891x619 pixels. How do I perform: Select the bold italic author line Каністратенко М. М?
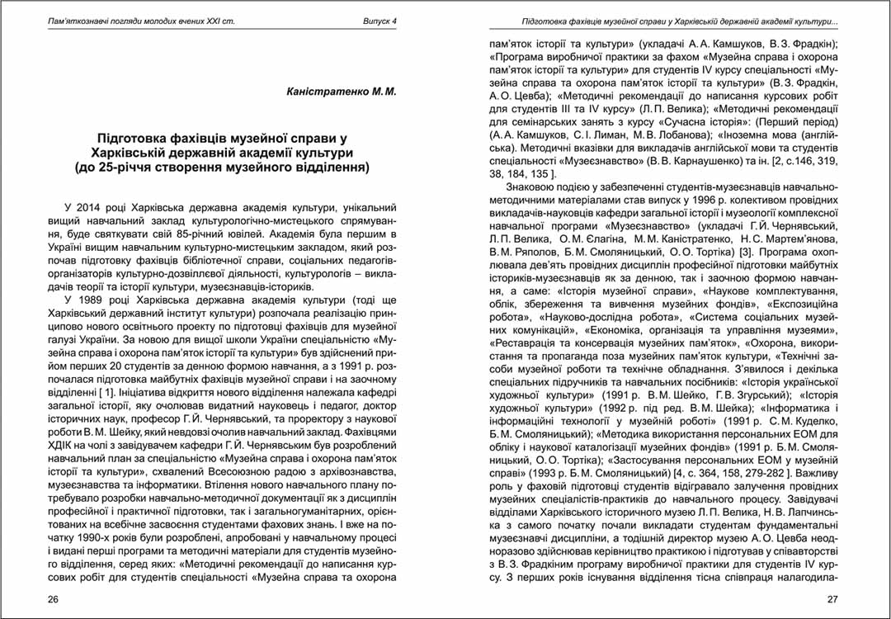(339, 92)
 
